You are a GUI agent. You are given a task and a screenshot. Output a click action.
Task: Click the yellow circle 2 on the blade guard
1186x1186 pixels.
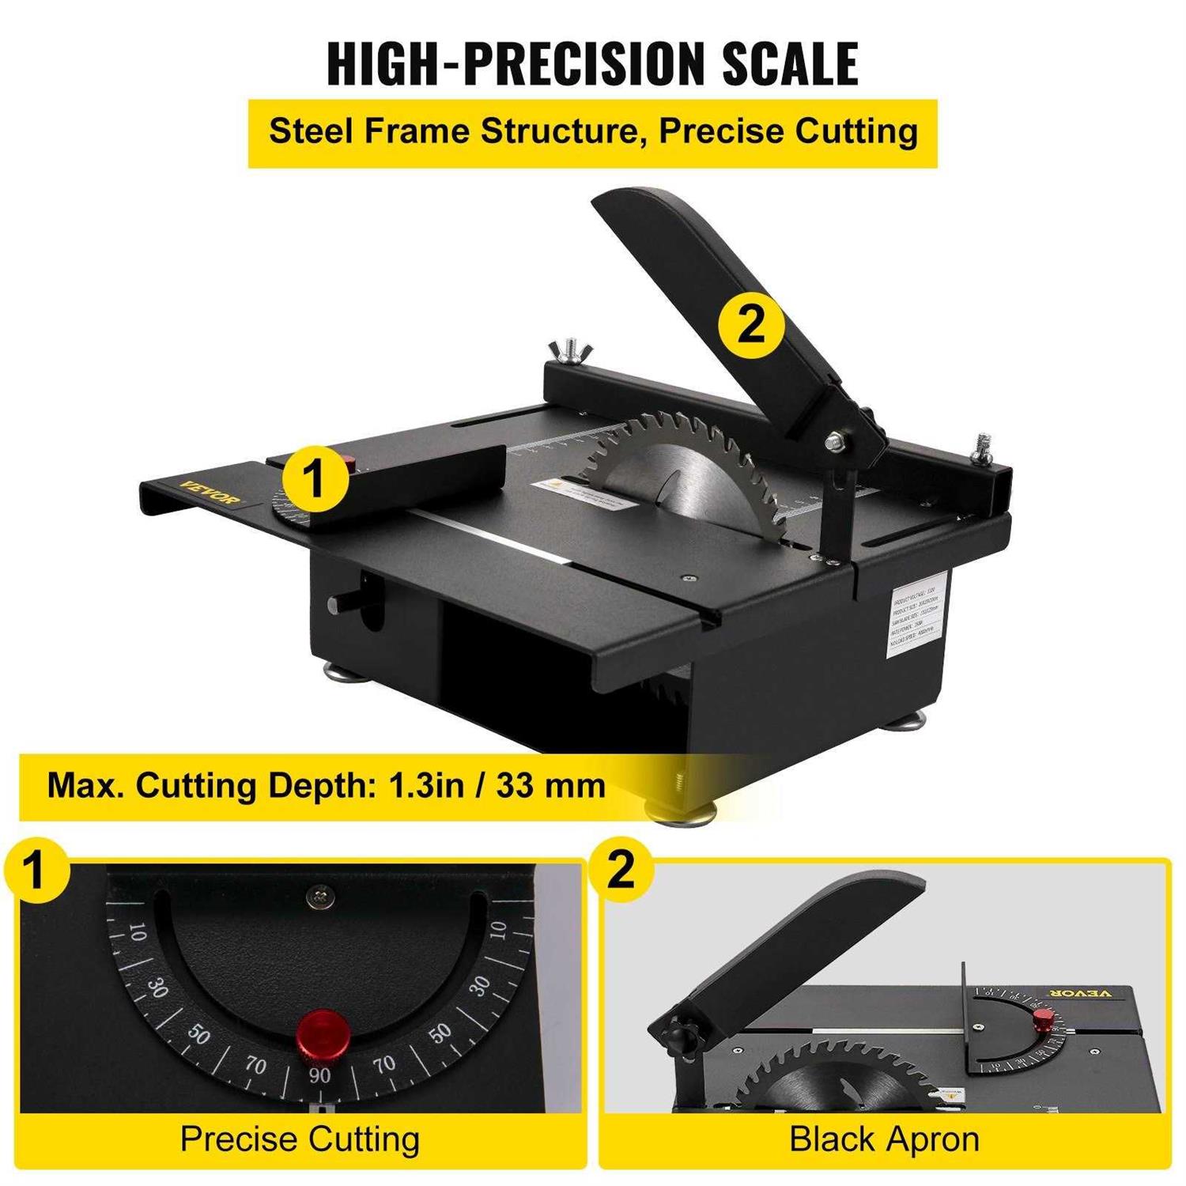pos(750,324)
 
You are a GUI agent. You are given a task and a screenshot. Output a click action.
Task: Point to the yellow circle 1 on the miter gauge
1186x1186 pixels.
pos(315,479)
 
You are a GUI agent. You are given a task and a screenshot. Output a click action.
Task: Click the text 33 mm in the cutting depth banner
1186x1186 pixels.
pos(550,786)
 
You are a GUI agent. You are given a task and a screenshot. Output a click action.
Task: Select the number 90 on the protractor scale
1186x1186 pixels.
pos(319,1075)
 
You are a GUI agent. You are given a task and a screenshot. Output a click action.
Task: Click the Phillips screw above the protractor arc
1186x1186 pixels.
pos(320,897)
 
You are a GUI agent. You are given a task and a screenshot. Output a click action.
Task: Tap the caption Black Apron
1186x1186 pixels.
pos(884,1139)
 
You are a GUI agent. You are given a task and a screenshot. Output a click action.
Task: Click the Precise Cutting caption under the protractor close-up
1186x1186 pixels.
pos(300,1139)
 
